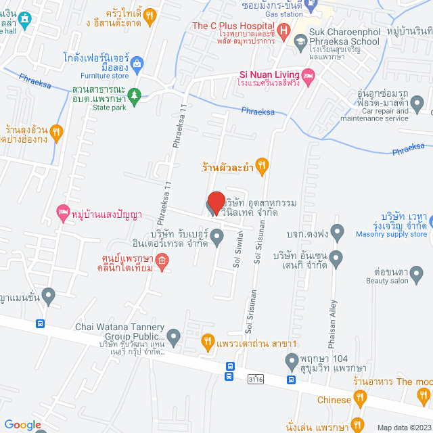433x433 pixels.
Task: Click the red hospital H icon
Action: pyautogui.click(x=284, y=30)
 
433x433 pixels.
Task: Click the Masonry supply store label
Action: pyautogui.click(x=392, y=234)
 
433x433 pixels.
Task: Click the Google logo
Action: pyautogui.click(x=23, y=424)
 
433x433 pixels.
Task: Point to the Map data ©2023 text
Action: pyautogui.click(x=403, y=428)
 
